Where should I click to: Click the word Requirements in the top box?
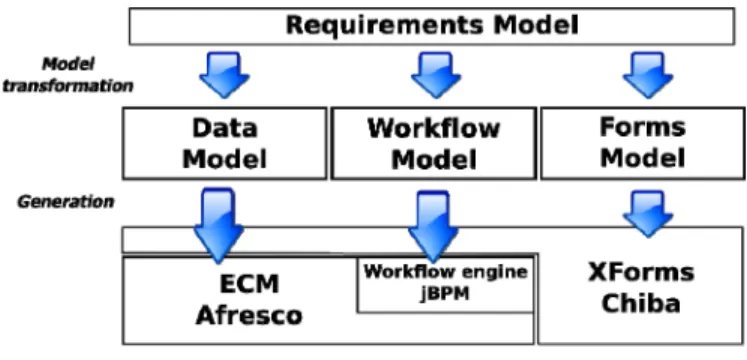[x=385, y=25]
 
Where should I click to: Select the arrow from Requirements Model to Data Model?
[x=224, y=75]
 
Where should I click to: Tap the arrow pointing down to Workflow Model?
[x=436, y=75]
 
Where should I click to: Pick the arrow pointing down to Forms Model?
[x=648, y=75]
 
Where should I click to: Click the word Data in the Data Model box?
[x=224, y=129]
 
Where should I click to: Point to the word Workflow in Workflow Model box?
[x=434, y=129]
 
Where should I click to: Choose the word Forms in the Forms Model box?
[x=643, y=128]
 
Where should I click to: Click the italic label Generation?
[x=66, y=202]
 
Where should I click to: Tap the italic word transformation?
[x=68, y=86]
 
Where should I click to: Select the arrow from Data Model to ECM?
[x=219, y=225]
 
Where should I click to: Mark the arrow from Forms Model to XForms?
[x=648, y=214]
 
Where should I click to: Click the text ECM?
[x=249, y=284]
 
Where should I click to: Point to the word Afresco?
[x=249, y=315]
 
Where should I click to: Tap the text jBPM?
[x=444, y=294]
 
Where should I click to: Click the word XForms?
[x=641, y=273]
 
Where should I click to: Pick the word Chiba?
[x=641, y=303]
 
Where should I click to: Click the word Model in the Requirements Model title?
[x=536, y=25]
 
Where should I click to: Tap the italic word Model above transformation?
[x=69, y=64]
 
